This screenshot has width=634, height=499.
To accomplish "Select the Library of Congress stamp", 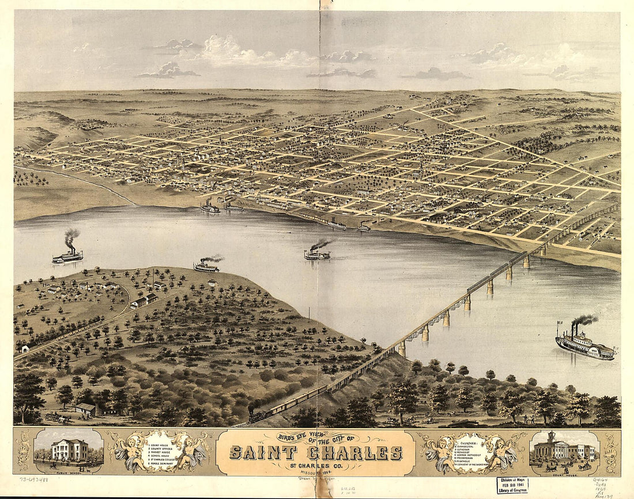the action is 512,485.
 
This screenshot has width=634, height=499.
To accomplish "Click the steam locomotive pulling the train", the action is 258,414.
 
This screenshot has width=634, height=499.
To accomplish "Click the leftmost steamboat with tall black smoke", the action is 67,256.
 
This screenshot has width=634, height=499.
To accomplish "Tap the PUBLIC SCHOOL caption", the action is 69,470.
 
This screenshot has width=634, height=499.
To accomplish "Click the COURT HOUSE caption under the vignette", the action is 563,470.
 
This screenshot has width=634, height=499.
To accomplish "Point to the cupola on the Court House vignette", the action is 551,436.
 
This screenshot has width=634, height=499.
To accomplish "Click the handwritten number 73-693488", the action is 33,478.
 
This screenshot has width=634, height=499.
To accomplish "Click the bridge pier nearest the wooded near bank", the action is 401,349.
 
